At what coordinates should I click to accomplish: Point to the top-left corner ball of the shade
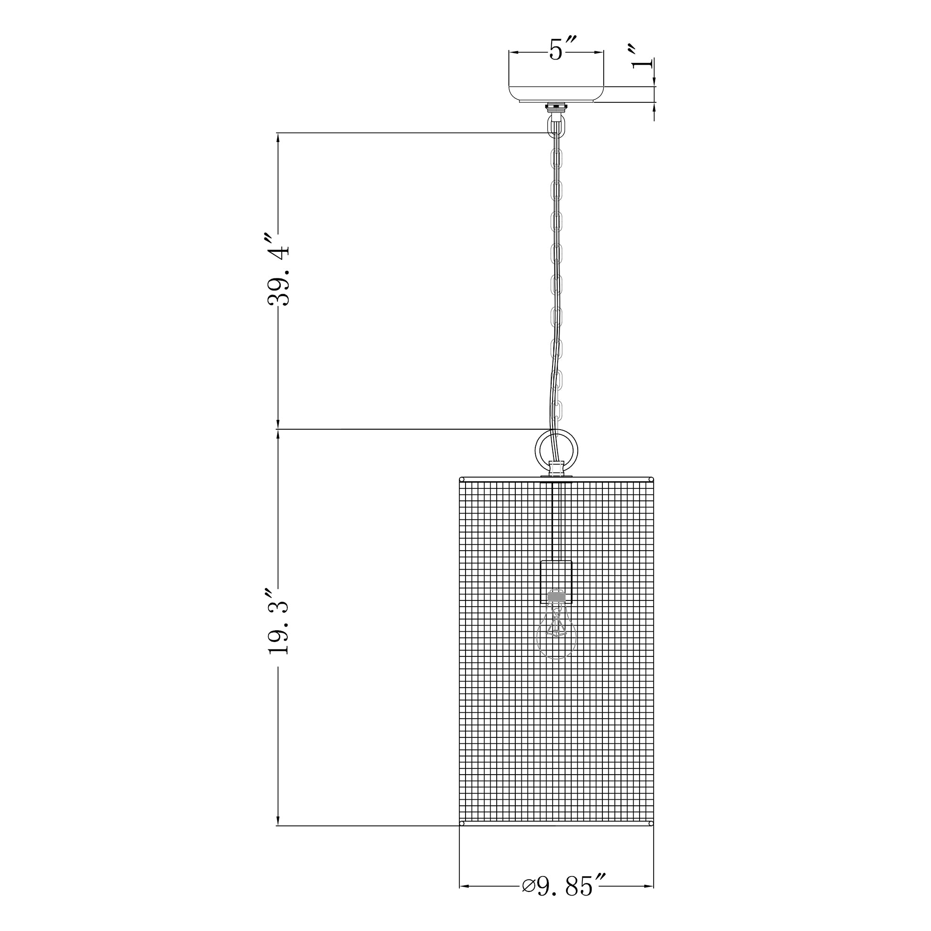tap(461, 479)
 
